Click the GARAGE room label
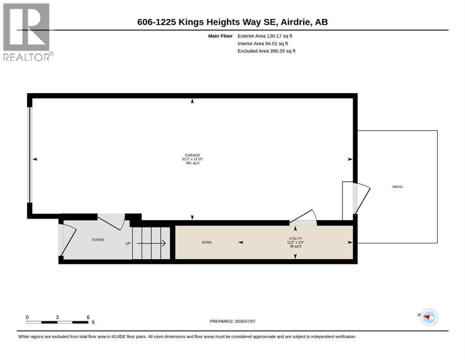192,155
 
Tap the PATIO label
398,187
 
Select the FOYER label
98,240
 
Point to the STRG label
207,242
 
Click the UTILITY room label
295,239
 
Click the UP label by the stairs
128,244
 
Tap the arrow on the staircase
151,243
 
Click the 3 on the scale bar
57,317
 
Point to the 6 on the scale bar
88,317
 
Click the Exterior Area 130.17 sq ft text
265,36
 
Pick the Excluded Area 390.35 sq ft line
266,51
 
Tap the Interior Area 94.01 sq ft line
262,44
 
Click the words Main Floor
221,36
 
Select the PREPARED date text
232,322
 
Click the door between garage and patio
361,198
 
